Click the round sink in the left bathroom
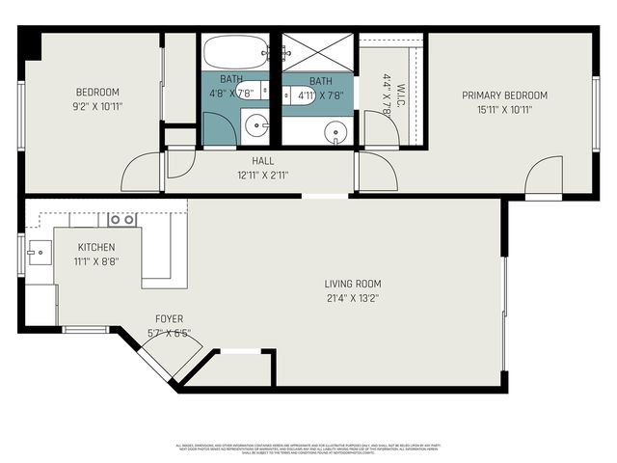pyautogui.click(x=256, y=124)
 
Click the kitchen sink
pyautogui.click(x=39, y=254)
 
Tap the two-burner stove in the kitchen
pyautogui.click(x=121, y=220)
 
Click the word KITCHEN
pyautogui.click(x=96, y=247)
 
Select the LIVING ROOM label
pyautogui.click(x=352, y=285)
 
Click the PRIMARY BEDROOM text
pyautogui.click(x=504, y=95)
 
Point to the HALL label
pyautogui.click(x=262, y=161)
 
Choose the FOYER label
pyautogui.click(x=169, y=319)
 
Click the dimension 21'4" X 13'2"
pyautogui.click(x=352, y=299)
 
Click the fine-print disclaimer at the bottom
pyautogui.click(x=308, y=449)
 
